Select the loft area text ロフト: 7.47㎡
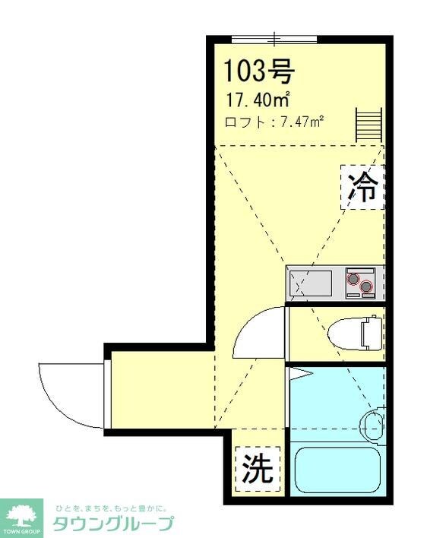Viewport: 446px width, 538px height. click(x=274, y=122)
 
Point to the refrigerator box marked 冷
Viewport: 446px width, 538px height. click(x=362, y=187)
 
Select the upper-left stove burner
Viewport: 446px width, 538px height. click(x=353, y=278)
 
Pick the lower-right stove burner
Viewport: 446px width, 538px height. click(x=368, y=287)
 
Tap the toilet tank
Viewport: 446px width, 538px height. click(x=371, y=332)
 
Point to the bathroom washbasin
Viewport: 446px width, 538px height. click(x=374, y=422)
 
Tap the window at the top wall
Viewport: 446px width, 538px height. click(x=274, y=37)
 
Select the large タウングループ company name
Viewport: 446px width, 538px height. click(x=112, y=524)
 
